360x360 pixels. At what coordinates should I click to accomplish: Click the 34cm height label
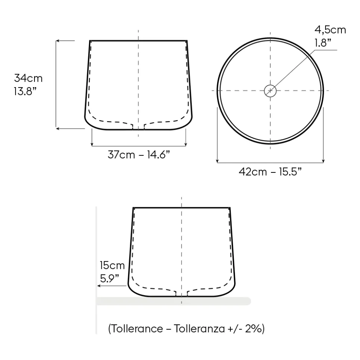(x=28, y=78)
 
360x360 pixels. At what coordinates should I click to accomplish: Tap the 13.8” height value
(x=25, y=91)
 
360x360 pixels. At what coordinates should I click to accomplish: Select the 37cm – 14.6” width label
(x=139, y=155)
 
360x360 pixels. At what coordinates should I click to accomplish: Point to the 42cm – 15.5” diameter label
(x=270, y=172)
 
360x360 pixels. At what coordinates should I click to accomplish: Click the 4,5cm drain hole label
(x=330, y=30)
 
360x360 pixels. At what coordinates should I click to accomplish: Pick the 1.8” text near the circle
(x=323, y=43)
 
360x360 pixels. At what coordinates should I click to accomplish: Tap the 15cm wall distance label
(x=112, y=265)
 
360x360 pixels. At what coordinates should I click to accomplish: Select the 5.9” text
(x=109, y=278)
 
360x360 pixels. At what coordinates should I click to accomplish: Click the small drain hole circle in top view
(x=270, y=85)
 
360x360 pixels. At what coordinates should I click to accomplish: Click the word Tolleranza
(x=199, y=328)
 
